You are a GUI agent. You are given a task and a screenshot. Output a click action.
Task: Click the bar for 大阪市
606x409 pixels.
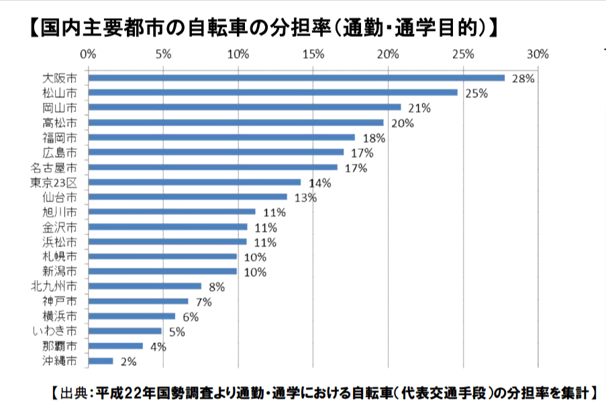point(296,78)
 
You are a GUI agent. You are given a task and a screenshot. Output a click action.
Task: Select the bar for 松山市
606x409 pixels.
point(272,93)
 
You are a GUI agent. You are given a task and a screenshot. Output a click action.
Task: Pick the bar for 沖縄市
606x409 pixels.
point(101,361)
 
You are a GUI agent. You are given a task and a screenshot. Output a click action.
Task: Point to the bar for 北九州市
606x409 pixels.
point(144,286)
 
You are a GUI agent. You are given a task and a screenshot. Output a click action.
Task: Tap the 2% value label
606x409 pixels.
point(128,362)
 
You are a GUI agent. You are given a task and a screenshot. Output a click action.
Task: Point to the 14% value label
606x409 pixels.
point(319,183)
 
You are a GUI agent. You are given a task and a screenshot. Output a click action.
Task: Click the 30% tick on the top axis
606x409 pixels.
point(538,54)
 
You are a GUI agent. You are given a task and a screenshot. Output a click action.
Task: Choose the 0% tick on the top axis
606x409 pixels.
point(89,54)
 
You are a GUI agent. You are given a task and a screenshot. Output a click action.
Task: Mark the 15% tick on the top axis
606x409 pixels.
point(313,54)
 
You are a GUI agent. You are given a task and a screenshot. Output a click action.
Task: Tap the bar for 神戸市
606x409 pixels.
point(138,302)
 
